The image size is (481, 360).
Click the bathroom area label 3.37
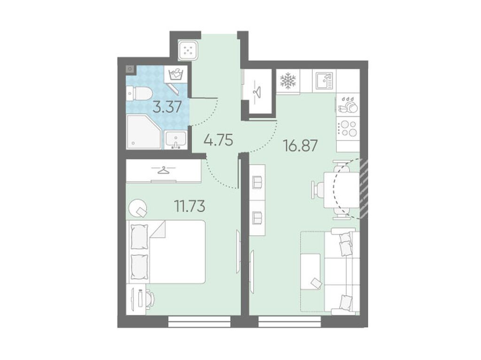(167, 107)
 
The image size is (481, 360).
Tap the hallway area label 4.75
(219, 140)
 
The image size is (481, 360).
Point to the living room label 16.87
(300, 146)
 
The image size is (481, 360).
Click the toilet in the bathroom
(139, 93)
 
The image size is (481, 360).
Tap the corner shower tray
(144, 132)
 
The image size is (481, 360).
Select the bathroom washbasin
(176, 140)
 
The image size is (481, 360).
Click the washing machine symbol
(176, 74)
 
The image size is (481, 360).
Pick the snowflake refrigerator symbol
(288, 81)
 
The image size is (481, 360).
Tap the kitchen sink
(324, 80)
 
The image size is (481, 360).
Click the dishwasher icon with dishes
(348, 105)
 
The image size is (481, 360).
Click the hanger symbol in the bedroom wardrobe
(163, 170)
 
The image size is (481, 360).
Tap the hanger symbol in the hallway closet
(257, 91)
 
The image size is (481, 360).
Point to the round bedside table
(138, 208)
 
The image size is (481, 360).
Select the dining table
(341, 190)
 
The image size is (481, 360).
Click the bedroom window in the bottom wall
(199, 322)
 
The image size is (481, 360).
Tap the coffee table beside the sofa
(311, 272)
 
